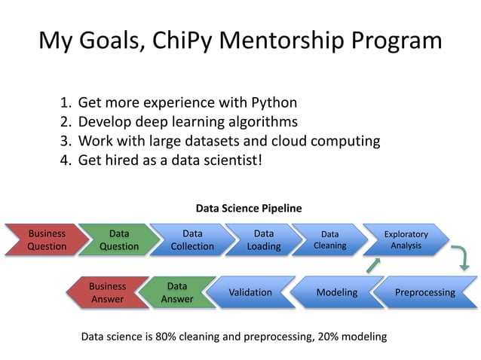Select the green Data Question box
pyautogui.click(x=119, y=239)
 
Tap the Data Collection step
pyautogui.click(x=191, y=239)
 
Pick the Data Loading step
pyautogui.click(x=263, y=239)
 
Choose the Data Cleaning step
pyautogui.click(x=329, y=239)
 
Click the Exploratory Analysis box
pyautogui.click(x=406, y=239)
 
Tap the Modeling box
pyautogui.click(x=336, y=292)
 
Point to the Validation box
pyautogui.click(x=250, y=292)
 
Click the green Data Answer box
pyautogui.click(x=177, y=292)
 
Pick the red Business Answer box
pyautogui.click(x=107, y=292)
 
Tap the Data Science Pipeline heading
pyautogui.click(x=248, y=208)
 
